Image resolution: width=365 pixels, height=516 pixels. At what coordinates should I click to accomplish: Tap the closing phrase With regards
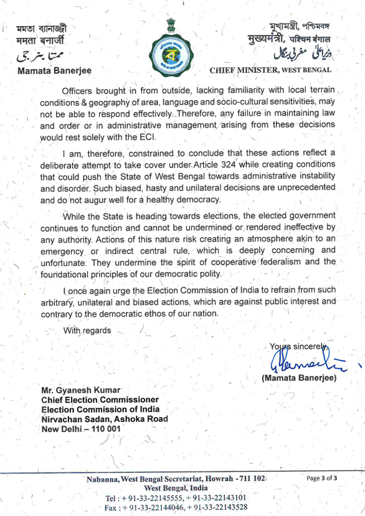87,331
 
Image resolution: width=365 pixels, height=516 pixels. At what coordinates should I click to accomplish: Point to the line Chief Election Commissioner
100,400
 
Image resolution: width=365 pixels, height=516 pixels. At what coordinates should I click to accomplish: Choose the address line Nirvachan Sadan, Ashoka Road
104,419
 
